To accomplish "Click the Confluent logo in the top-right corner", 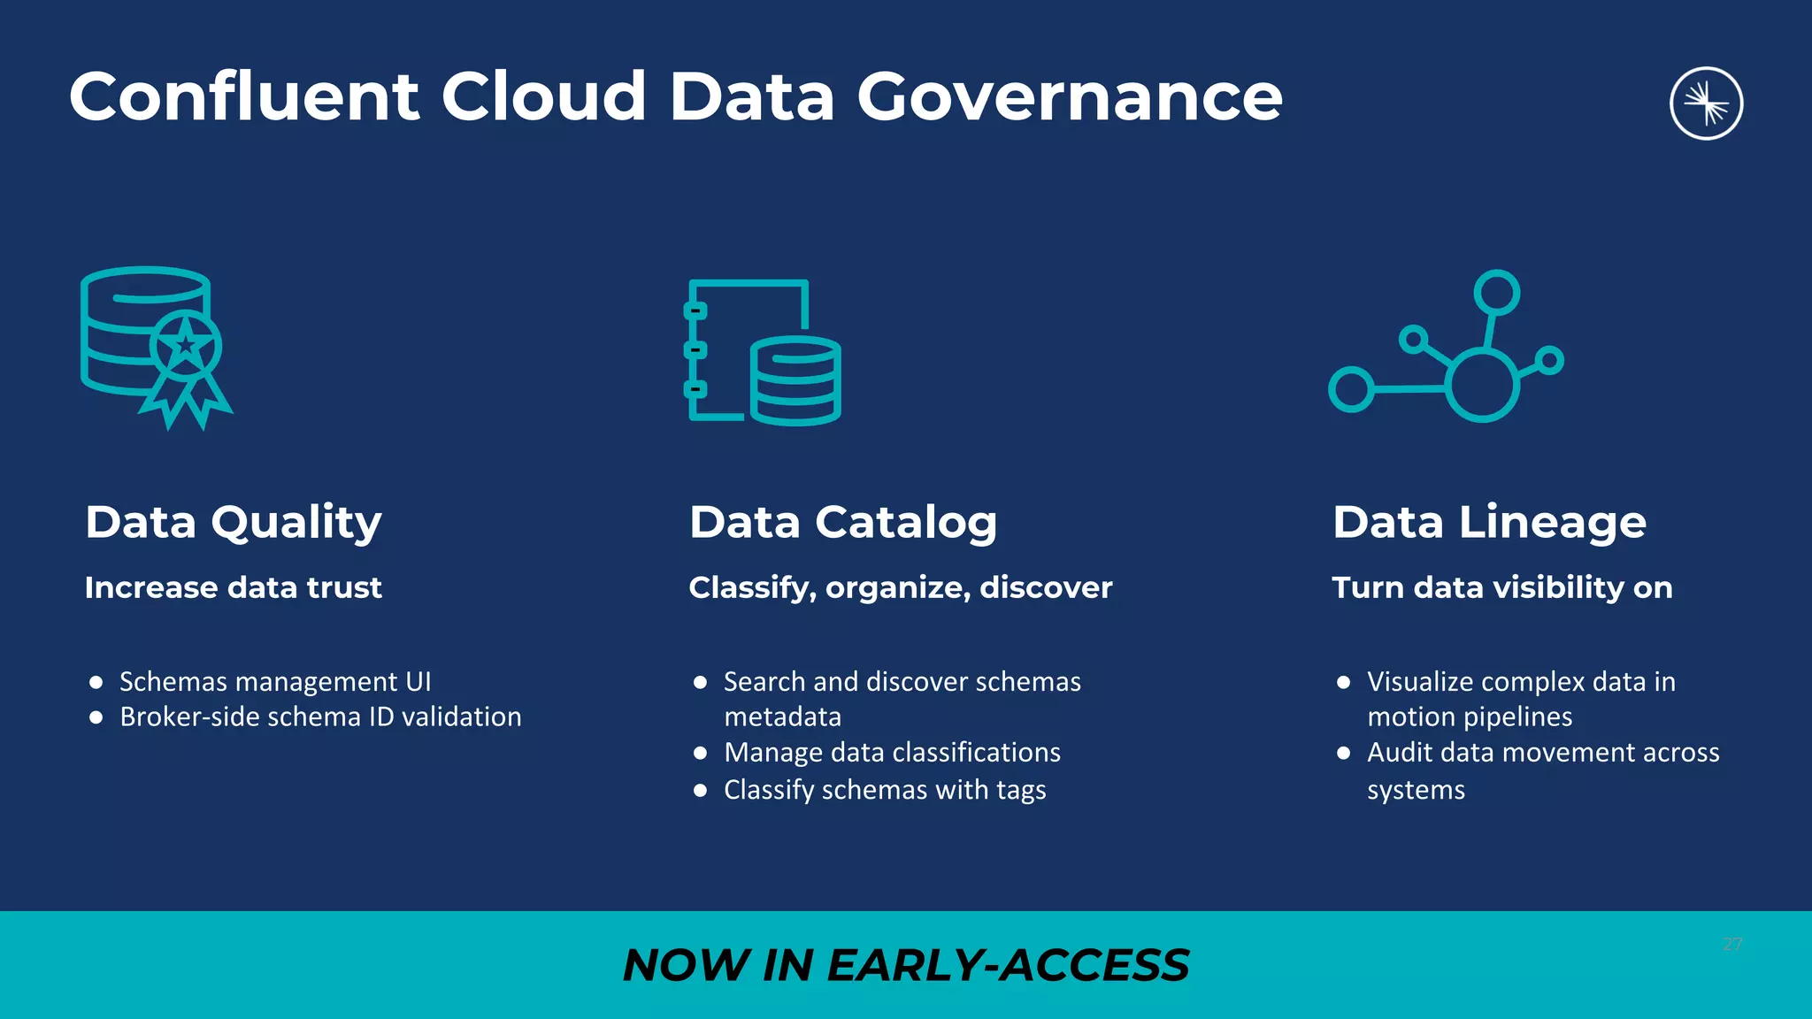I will pos(1706,103).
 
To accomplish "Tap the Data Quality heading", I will pos(234,522).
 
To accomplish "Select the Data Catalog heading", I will pos(842,522).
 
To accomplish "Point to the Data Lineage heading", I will pos(1489,522).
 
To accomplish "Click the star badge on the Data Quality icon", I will pos(185,345).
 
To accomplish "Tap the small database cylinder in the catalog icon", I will pos(795,380).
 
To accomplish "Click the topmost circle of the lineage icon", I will pos(1497,293).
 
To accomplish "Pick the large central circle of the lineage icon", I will pos(1483,385).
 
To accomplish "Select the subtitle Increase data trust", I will pos(234,587).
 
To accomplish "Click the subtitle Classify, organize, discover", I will pos(900,587).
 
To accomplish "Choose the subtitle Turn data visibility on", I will pos(1502,587).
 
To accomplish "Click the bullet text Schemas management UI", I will pos(275,682).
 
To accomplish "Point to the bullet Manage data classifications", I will pos(892,753).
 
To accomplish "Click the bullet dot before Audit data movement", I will pos(1344,753).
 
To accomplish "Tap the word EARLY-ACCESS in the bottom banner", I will pos(1008,965).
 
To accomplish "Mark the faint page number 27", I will pos(1732,945).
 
